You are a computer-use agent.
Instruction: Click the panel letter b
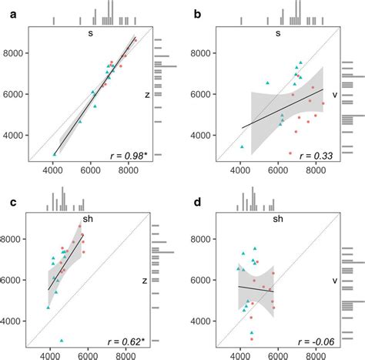click(x=197, y=14)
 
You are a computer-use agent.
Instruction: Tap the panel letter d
click(x=197, y=204)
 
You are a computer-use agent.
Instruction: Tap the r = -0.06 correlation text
click(x=313, y=341)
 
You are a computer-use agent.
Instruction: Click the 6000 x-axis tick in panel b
click(x=277, y=172)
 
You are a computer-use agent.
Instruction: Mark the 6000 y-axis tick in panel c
click(x=15, y=280)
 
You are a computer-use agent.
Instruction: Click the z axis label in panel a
click(x=146, y=95)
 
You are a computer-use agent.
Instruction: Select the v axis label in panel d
click(x=335, y=281)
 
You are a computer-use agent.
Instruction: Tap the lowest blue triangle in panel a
click(x=54, y=153)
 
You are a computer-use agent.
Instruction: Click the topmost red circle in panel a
click(x=135, y=40)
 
